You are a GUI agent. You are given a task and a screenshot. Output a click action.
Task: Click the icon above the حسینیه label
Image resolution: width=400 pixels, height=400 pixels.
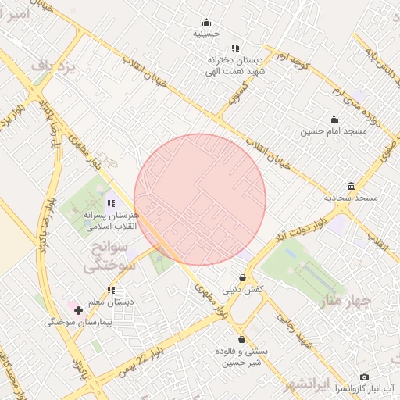coord(206,22)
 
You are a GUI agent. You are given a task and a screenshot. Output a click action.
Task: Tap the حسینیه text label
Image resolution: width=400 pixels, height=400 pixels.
coord(207,34)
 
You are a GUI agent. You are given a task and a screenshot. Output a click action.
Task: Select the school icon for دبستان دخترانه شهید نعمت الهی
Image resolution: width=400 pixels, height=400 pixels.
coord(235,48)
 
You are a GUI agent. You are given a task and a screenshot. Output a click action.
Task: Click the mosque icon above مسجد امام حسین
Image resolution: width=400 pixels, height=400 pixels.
coord(334,120)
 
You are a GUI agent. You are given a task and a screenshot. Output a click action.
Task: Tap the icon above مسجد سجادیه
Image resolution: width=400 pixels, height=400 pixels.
coord(351,186)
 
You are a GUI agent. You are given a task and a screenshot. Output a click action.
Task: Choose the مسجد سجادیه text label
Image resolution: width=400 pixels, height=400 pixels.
coord(351,198)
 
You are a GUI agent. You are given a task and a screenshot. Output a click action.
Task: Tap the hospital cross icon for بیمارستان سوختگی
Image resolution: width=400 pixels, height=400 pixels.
coord(78,310)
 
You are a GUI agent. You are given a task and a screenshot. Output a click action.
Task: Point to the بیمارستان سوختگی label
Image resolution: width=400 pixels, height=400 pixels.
coord(79,321)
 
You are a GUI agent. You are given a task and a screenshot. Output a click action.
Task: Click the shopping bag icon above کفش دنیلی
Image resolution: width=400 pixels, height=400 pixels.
coord(243,277)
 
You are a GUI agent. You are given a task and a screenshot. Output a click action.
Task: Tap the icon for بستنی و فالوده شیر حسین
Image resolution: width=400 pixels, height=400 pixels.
coord(241,340)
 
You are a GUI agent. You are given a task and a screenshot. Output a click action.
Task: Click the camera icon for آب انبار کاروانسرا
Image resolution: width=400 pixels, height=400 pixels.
coord(364,377)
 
